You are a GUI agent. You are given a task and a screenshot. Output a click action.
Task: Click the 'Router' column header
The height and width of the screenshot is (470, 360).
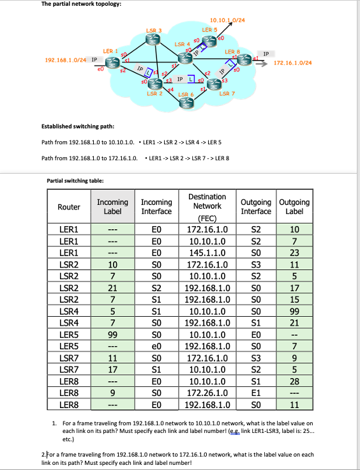click(69, 207)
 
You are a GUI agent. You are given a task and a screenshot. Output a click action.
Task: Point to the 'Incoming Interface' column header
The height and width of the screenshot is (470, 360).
click(156, 206)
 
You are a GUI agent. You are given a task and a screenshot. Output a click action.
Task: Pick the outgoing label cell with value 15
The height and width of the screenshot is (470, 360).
click(294, 297)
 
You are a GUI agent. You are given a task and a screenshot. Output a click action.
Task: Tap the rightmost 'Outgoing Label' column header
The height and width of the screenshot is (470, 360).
click(294, 206)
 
